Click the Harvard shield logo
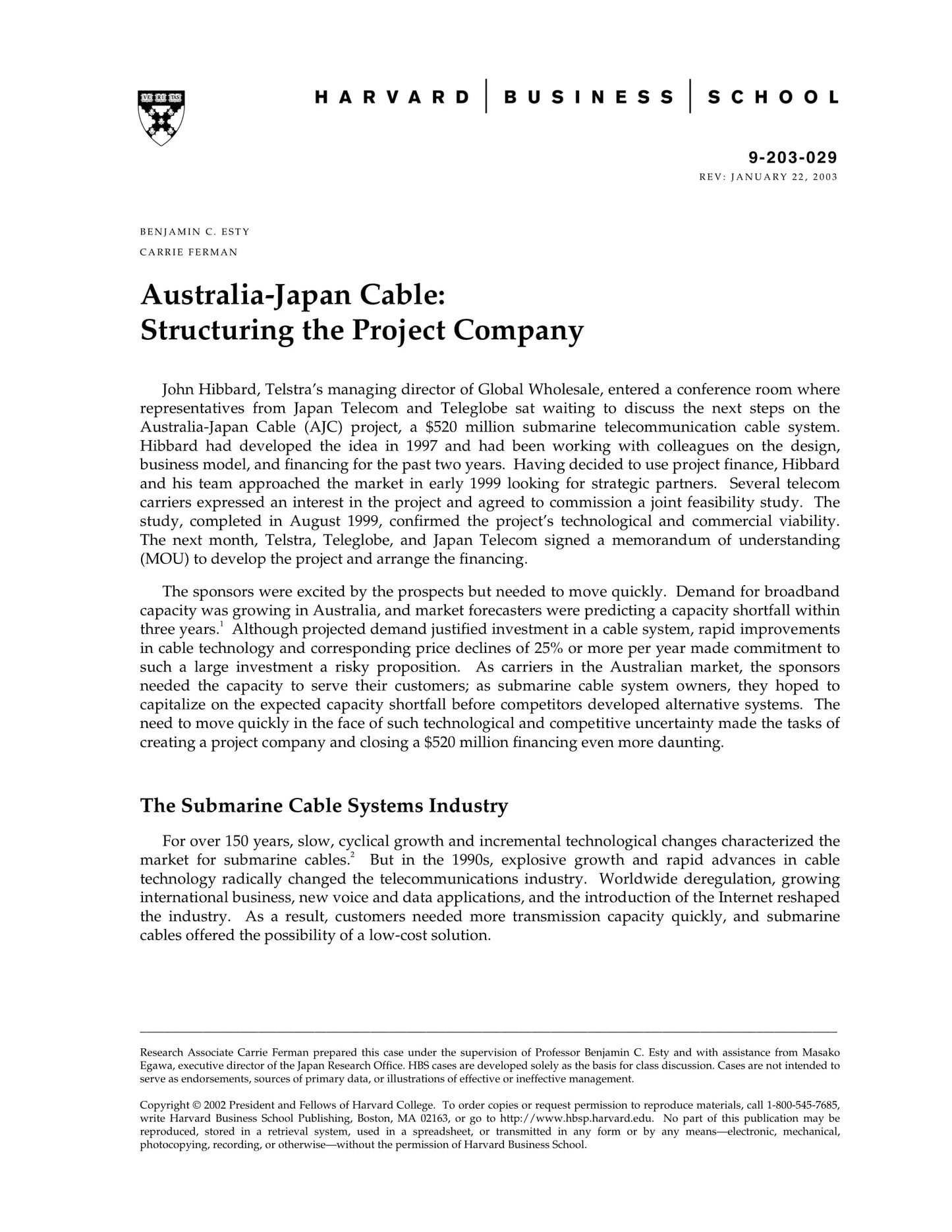(161, 117)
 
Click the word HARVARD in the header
(392, 98)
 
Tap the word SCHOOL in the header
(773, 98)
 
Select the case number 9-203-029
(793, 157)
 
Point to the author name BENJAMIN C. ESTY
(195, 232)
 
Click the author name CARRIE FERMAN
(188, 252)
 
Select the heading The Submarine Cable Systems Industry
(324, 806)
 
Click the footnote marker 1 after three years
(222, 624)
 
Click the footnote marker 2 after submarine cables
(352, 854)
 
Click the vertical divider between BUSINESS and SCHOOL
(690, 96)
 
